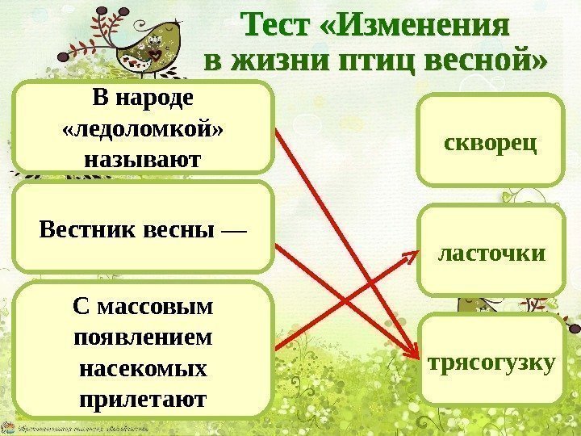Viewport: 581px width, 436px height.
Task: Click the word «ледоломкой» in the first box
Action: click(144, 129)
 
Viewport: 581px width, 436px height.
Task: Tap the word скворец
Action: click(490, 144)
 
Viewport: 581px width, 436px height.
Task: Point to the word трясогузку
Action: click(490, 363)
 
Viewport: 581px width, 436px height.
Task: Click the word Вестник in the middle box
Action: click(78, 231)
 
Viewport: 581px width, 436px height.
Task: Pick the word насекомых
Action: click(144, 369)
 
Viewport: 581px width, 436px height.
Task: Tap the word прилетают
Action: click(144, 399)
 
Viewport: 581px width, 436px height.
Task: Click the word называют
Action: click(144, 159)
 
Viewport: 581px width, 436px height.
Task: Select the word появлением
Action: click(144, 337)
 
